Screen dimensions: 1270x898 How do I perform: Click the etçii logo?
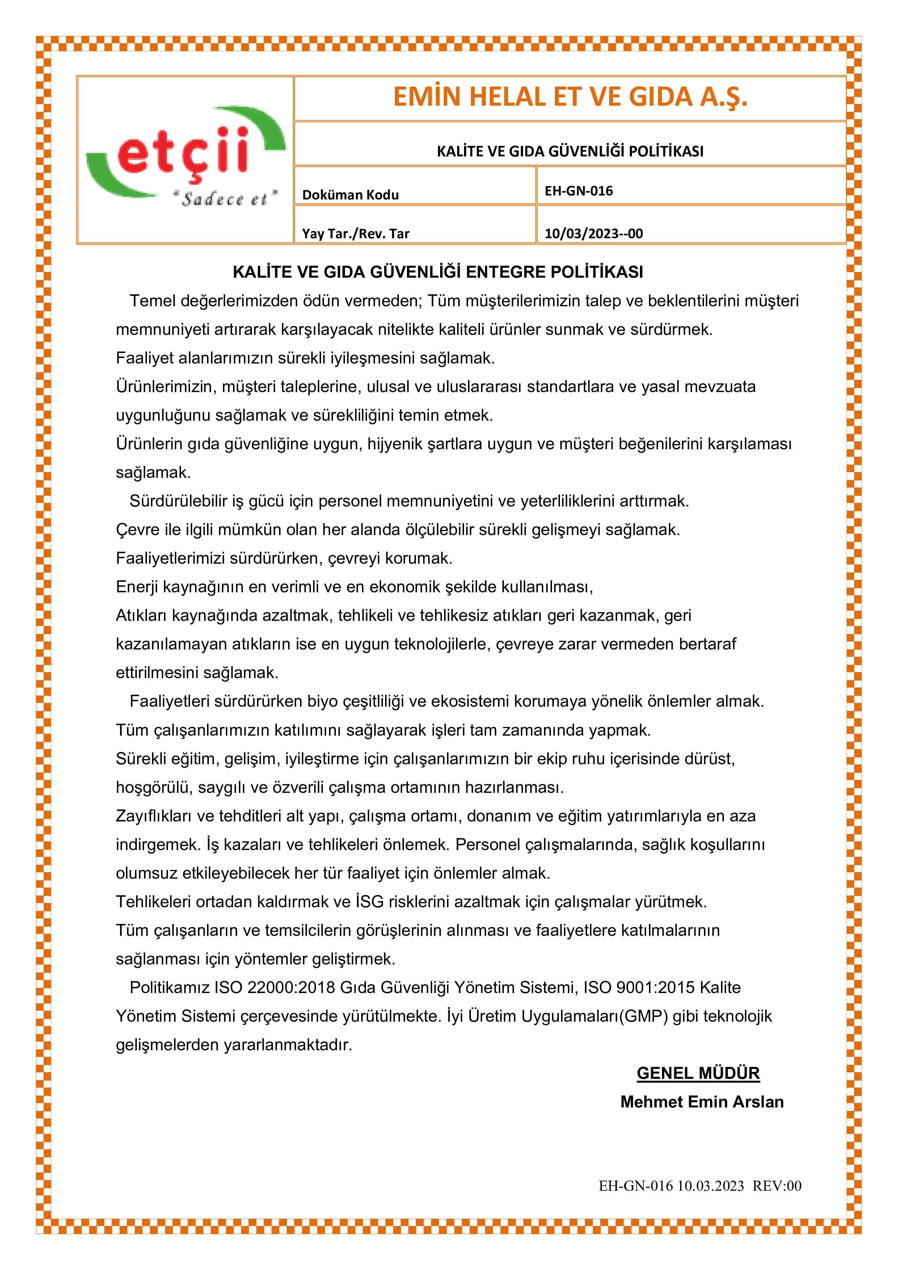coord(185,155)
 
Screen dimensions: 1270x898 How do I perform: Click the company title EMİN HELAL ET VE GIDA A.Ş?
coord(570,97)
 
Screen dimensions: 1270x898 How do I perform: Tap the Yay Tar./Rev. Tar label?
coord(355,234)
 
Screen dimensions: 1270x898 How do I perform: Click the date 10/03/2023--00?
coord(593,234)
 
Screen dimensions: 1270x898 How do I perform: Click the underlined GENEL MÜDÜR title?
coord(698,1073)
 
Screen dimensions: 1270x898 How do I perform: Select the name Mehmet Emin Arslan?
coord(702,1102)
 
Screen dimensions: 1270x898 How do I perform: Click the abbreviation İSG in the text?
coord(370,901)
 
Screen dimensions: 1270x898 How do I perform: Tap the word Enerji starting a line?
coord(136,587)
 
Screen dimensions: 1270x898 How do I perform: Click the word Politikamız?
coord(170,987)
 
